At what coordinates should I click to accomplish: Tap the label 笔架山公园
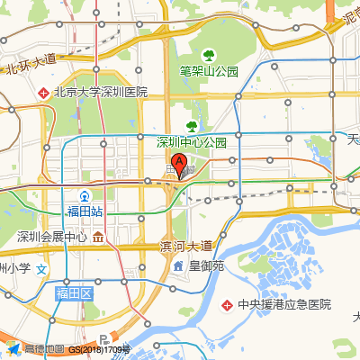pyautogui.click(x=208, y=70)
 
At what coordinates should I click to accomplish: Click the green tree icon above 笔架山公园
pyautogui.click(x=209, y=54)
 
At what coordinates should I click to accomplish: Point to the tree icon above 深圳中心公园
pyautogui.click(x=191, y=125)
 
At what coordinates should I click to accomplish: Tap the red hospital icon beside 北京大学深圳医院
pyautogui.click(x=43, y=92)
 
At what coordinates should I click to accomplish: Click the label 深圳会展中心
pyautogui.click(x=51, y=238)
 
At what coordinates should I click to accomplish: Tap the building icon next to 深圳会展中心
pyautogui.click(x=97, y=238)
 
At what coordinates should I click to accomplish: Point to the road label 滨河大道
pyautogui.click(x=185, y=246)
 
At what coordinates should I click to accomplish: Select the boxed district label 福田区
pyautogui.click(x=75, y=293)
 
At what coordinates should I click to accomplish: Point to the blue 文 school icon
pyautogui.click(x=40, y=268)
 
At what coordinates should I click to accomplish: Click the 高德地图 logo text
pyautogui.click(x=43, y=350)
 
